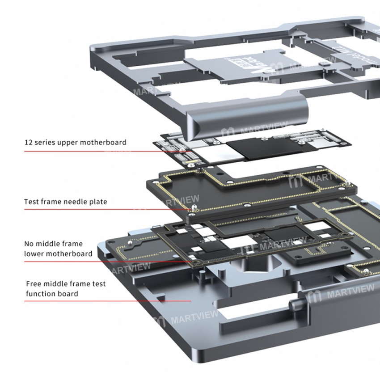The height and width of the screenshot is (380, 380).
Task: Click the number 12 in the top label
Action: [29, 143]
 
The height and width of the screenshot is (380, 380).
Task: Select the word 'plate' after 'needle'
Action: [99, 202]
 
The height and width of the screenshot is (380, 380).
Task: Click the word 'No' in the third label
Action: [29, 244]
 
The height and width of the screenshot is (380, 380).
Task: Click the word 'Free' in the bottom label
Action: [34, 283]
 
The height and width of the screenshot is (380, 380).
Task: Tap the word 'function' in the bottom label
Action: [40, 294]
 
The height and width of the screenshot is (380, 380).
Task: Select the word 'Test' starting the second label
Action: [31, 202]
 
